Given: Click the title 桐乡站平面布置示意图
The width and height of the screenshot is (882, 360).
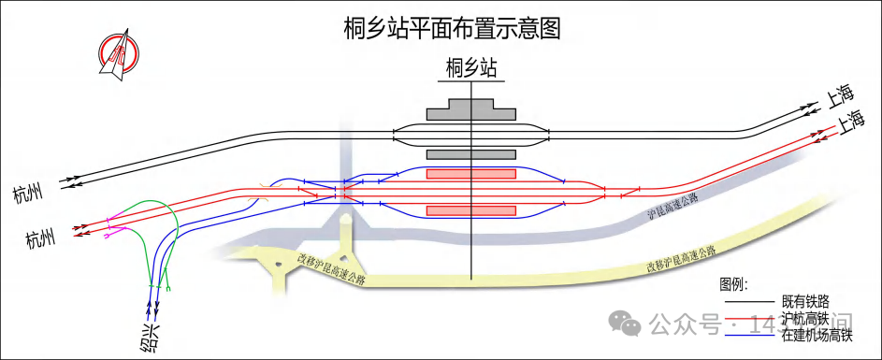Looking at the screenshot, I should coord(452,28).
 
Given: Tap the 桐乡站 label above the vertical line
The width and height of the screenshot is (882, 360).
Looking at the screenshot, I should coord(470,67).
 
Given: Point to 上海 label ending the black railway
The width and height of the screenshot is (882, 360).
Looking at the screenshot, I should coord(837,94).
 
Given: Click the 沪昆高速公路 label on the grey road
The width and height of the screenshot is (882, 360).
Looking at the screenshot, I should coord(673,207).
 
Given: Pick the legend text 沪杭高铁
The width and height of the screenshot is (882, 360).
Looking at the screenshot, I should coord(805,319).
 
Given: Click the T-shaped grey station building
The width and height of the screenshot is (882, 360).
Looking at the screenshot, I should coord(471,110).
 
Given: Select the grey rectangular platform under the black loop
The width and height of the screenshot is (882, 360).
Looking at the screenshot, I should coord(471,154).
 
